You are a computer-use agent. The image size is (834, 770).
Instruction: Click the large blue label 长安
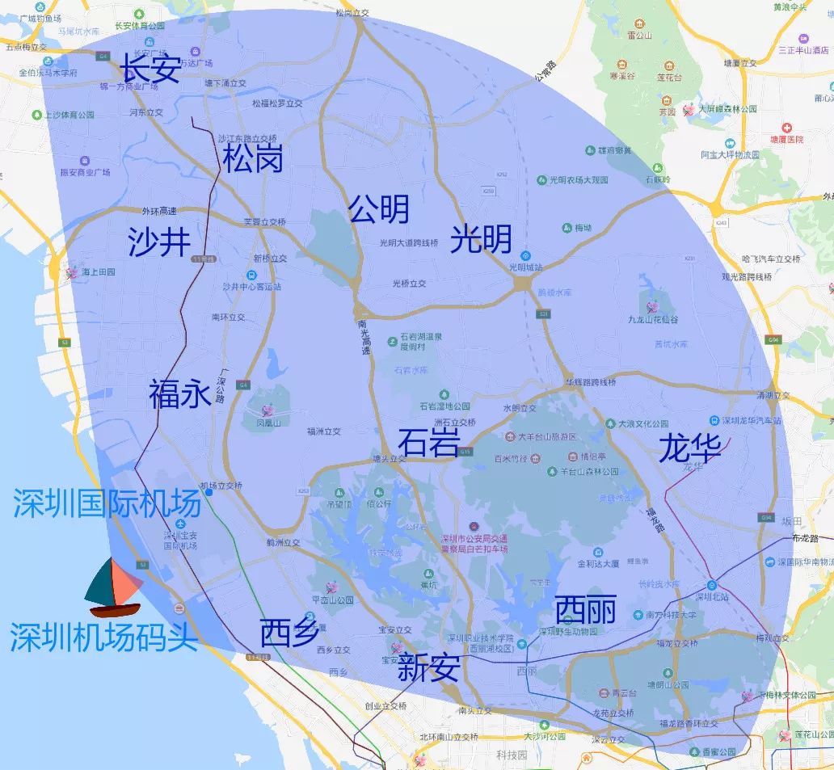[x=150, y=69]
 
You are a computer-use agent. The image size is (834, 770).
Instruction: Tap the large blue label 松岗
[x=253, y=158]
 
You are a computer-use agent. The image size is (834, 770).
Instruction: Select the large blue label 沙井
[x=159, y=242]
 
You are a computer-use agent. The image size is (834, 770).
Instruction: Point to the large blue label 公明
[x=378, y=209]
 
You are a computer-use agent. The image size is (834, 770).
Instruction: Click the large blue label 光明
[x=481, y=238]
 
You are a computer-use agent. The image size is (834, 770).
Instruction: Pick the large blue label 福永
[x=179, y=394]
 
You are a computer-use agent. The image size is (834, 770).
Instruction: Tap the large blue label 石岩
[x=428, y=443]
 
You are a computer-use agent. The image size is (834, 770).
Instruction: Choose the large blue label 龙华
[x=689, y=448]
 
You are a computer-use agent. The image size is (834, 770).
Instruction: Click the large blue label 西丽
[x=586, y=610]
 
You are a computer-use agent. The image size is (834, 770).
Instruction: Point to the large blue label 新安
[x=429, y=668]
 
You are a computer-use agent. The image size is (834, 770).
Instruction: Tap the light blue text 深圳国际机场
[x=107, y=505]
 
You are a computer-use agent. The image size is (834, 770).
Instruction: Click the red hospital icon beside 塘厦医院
[x=787, y=128]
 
